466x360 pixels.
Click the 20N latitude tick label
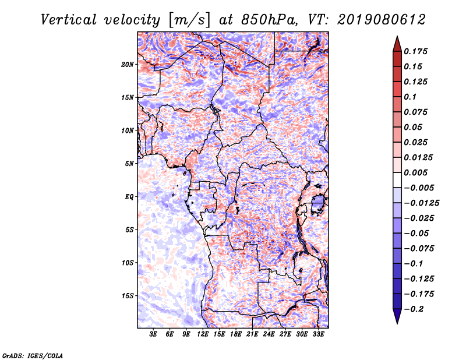pos(128,65)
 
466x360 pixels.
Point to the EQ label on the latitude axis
pos(129,197)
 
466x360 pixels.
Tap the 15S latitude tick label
pos(128,296)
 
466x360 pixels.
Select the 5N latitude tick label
pos(129,164)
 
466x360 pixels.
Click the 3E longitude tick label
pos(153,334)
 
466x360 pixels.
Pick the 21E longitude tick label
pos(252,334)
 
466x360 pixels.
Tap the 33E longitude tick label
pos(318,334)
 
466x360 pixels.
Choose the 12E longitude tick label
pos(202,334)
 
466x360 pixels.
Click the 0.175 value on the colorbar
pos(415,51)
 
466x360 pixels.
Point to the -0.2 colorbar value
pos(414,309)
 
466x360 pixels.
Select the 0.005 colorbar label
pos(415,172)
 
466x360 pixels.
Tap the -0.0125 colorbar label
pos(421,203)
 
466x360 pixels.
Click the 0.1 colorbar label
pos(410,97)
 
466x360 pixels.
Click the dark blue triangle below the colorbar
pos(397,316)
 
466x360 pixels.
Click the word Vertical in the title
pos(69,20)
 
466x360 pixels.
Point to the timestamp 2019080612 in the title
pos(382,20)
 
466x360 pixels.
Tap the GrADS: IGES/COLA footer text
pos(33,355)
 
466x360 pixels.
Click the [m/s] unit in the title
pos(189,20)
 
